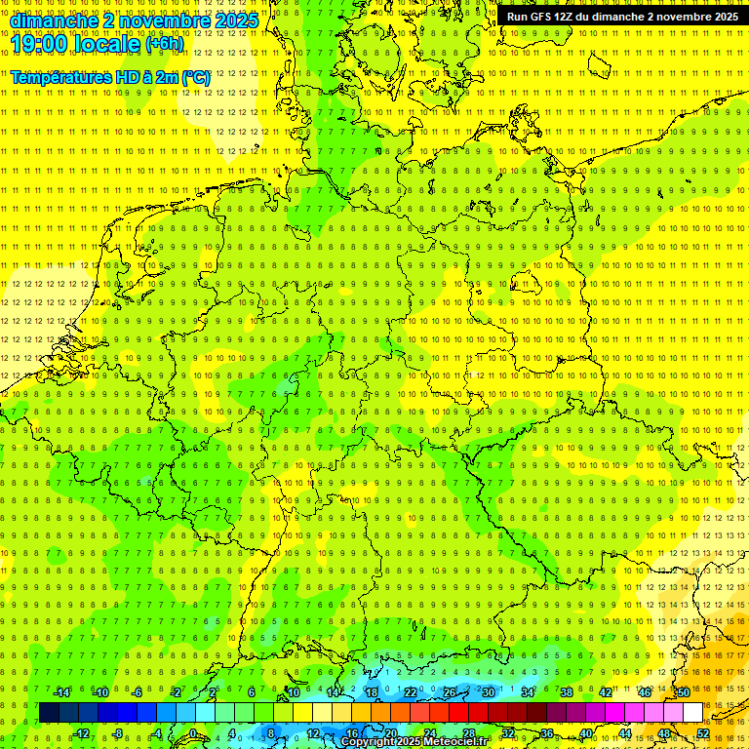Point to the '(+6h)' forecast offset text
[x=163, y=44]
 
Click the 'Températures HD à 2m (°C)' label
[x=110, y=76]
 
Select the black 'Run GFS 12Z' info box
[x=622, y=17]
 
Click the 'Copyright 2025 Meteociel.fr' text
[x=414, y=742]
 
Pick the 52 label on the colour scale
[x=703, y=733]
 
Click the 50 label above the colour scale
[x=684, y=692]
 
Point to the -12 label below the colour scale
[x=81, y=733]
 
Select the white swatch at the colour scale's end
[x=692, y=712]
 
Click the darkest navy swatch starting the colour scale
[x=49, y=712]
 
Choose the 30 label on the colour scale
[x=489, y=692]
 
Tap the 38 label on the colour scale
[x=567, y=692]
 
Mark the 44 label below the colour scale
[x=625, y=733]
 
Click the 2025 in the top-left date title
[x=237, y=20]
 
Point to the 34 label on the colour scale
[x=528, y=692]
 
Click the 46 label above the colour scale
[x=645, y=692]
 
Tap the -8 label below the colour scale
[x=119, y=733]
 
